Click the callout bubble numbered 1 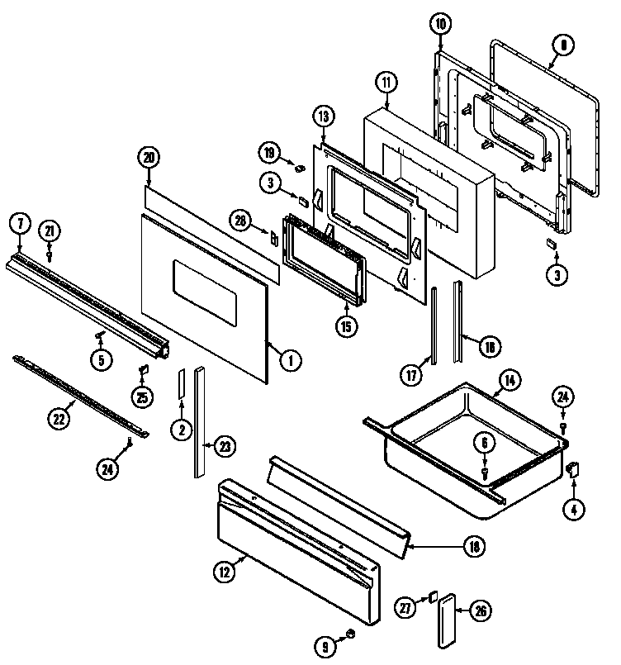(x=289, y=359)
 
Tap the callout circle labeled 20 (x=149, y=158)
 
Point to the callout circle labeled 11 (x=386, y=83)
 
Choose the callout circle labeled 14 (x=509, y=380)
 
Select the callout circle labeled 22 (x=59, y=419)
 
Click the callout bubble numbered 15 (x=347, y=325)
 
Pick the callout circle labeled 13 (x=323, y=115)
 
